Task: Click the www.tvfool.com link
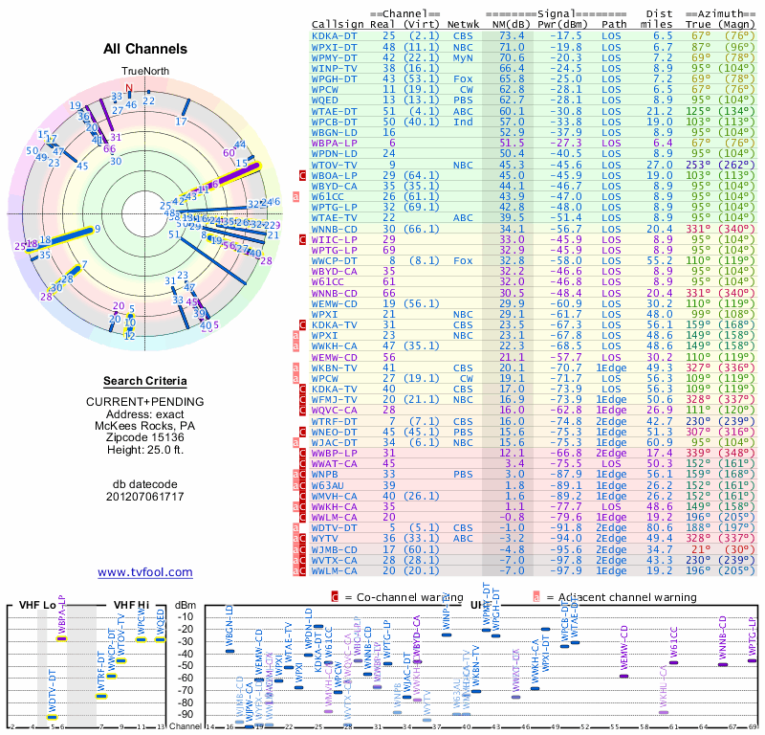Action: [x=145, y=572]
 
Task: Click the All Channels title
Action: [x=145, y=49]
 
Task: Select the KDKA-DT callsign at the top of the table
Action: [x=334, y=35]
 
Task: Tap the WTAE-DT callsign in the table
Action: [x=334, y=111]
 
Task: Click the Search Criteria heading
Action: [x=145, y=381]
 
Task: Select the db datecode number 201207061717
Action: [x=145, y=496]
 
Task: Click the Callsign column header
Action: [x=339, y=24]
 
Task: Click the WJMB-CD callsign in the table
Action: [x=334, y=550]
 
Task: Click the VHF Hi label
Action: [x=131, y=605]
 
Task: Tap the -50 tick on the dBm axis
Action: [x=186, y=665]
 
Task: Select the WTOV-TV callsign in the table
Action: [x=334, y=165]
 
